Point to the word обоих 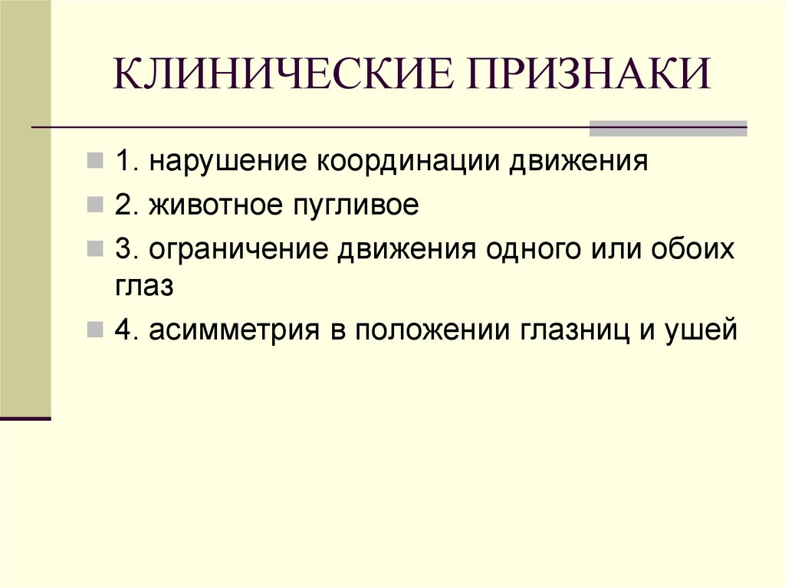tap(694, 249)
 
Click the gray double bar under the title tap(667, 128)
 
